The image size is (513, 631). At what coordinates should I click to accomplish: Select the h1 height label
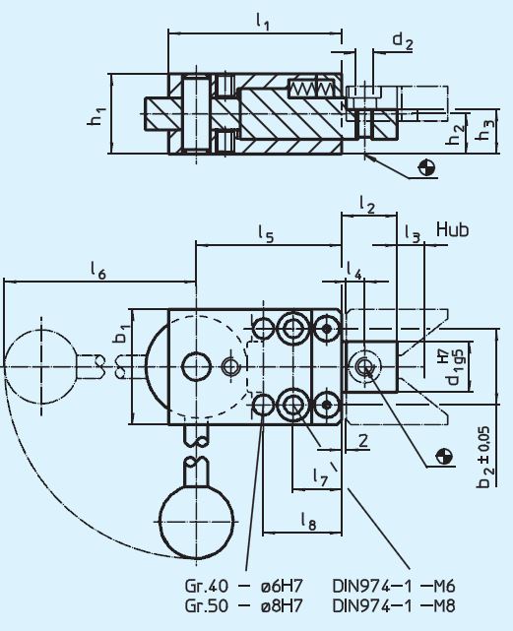pos(96,115)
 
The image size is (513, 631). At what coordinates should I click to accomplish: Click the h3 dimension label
pos(483,129)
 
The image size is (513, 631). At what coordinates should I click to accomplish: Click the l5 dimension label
pos(266,233)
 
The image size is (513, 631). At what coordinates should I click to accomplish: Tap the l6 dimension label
pos(97,269)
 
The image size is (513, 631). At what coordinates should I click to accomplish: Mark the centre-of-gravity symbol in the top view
pos(426,167)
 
